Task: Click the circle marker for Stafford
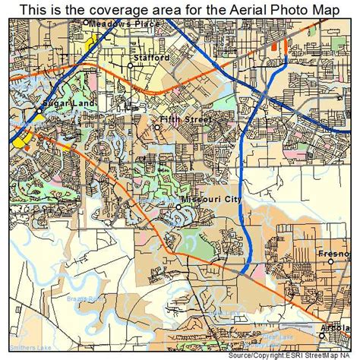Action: click(x=131, y=65)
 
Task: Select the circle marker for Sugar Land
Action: click(x=39, y=110)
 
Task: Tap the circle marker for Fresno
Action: click(x=331, y=262)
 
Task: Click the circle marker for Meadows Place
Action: click(x=85, y=24)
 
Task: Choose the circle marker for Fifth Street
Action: click(x=158, y=127)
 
